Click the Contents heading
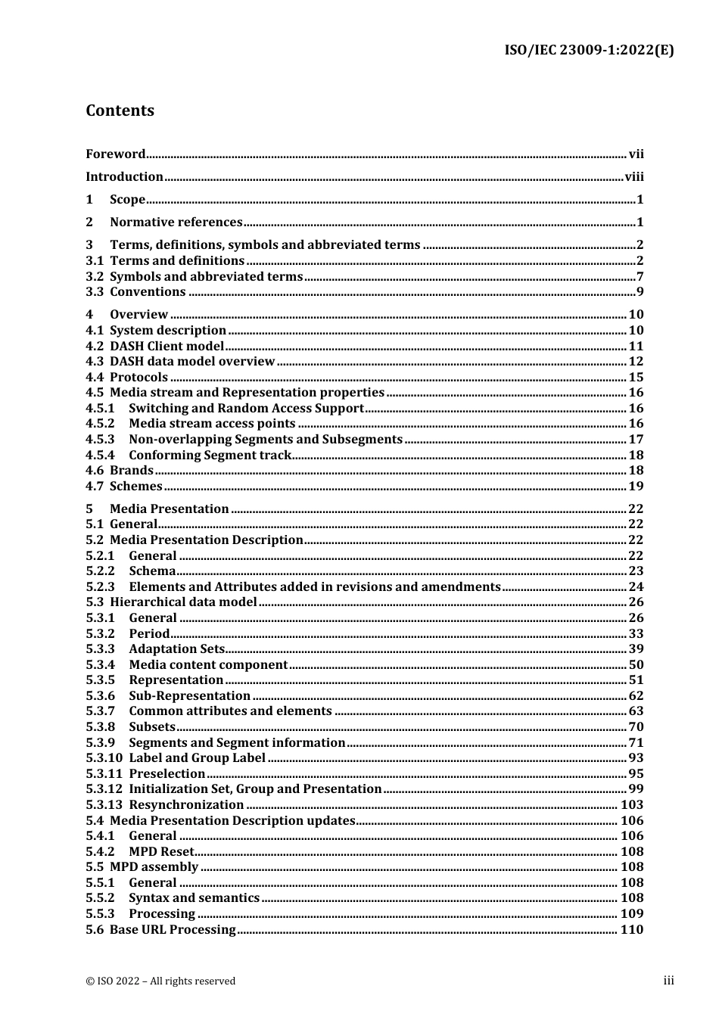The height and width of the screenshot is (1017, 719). point(120,110)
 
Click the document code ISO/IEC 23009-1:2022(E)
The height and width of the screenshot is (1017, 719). point(589,51)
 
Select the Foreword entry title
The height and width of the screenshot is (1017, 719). point(115,154)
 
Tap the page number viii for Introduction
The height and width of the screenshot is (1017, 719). point(634,177)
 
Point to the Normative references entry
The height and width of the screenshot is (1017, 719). point(176,222)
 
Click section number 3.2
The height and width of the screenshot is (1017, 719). point(95,277)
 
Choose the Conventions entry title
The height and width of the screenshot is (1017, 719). point(148,292)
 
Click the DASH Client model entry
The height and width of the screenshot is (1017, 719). point(167,347)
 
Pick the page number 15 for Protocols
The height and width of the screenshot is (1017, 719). point(636,378)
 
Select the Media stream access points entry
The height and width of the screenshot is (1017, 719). point(212,424)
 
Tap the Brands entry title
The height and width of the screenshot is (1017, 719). point(132,471)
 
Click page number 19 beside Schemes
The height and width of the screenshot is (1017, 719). point(636,487)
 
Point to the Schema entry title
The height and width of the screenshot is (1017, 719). point(152,571)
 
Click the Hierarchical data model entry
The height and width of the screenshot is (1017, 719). point(183,602)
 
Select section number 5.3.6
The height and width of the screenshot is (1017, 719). point(100,696)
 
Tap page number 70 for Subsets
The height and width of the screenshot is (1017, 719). point(636,727)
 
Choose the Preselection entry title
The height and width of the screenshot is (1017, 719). point(167,774)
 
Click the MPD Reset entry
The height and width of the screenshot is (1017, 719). point(161,852)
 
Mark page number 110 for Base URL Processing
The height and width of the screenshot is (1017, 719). point(632,930)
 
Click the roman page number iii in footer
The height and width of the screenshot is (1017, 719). point(668,981)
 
